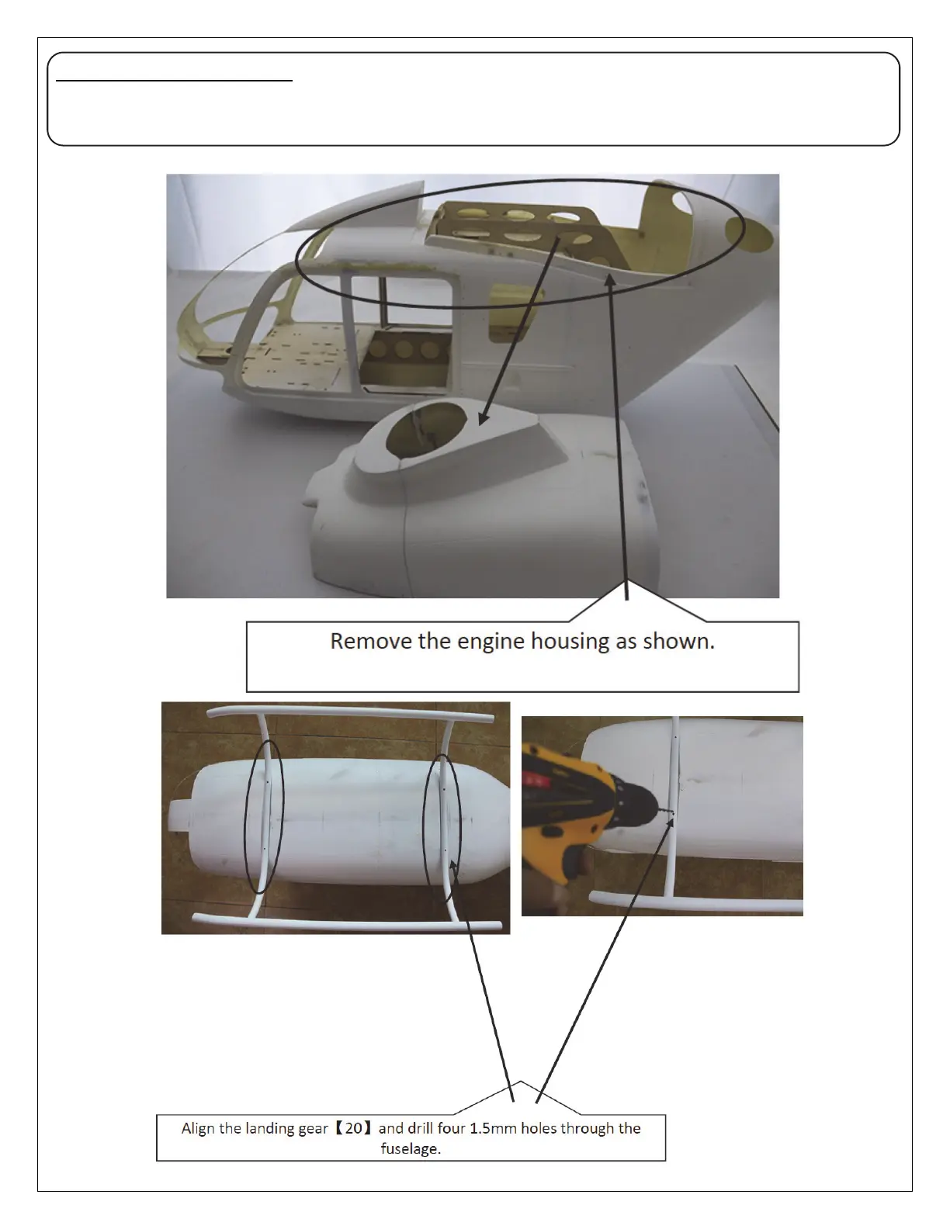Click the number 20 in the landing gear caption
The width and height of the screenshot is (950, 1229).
click(x=353, y=1128)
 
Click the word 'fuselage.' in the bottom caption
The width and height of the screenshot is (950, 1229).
click(x=411, y=1148)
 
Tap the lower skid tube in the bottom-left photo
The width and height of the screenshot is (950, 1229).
click(x=349, y=922)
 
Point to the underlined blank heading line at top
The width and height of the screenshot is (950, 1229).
click(x=175, y=79)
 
